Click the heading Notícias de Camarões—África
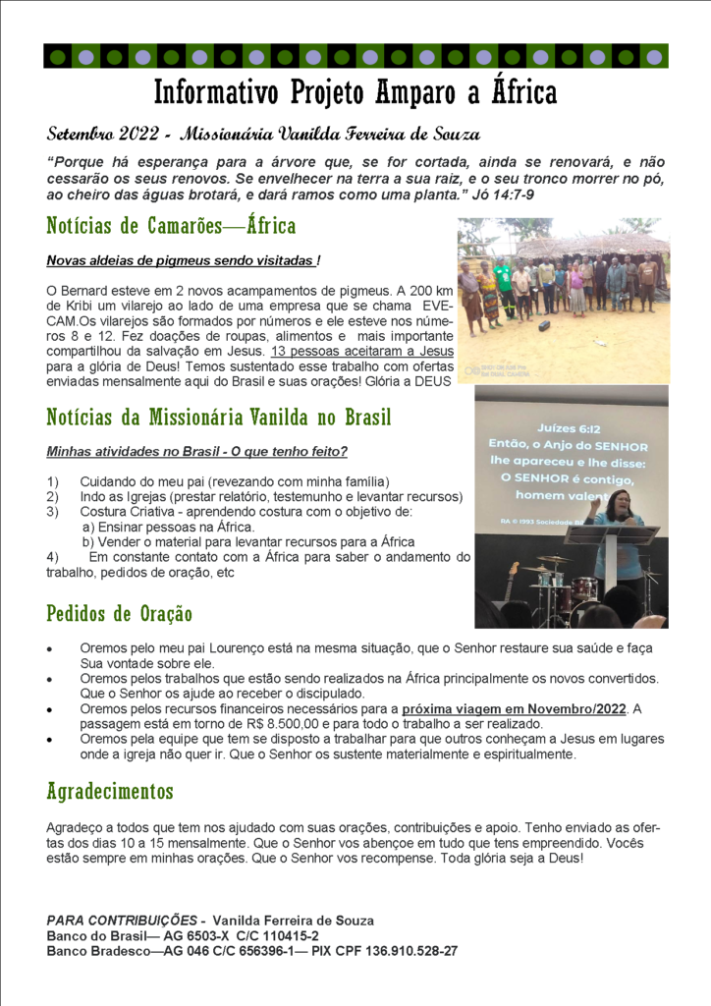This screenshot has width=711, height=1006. pos(171,226)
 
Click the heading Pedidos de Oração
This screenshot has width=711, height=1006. pos(119,614)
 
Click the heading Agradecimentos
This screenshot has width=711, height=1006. pos(110,791)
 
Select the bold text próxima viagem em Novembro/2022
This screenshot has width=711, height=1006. pos(515,708)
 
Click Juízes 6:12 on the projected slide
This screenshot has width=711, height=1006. pos(571,429)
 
